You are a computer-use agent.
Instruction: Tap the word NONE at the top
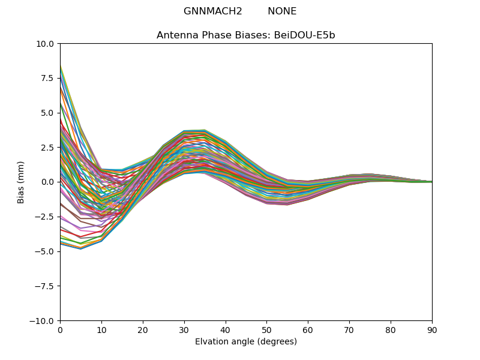click(x=282, y=11)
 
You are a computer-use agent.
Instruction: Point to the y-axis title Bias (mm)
click(x=21, y=182)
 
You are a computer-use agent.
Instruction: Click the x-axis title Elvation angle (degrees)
click(x=246, y=342)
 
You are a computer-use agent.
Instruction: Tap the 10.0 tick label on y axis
click(x=44, y=44)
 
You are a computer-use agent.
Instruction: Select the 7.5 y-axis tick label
click(x=47, y=79)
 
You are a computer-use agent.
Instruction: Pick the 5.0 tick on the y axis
click(x=47, y=113)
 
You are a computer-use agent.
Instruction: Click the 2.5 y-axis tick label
click(x=47, y=148)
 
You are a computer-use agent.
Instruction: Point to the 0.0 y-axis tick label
click(x=47, y=182)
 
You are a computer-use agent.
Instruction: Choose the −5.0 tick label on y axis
click(x=44, y=251)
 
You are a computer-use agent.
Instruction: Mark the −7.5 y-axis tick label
click(x=44, y=286)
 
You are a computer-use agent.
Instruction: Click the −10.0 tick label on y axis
click(x=41, y=321)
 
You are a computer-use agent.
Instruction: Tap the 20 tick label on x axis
click(x=143, y=330)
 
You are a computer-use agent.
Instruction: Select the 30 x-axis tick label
click(x=184, y=330)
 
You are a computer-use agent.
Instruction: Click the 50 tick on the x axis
click(x=266, y=330)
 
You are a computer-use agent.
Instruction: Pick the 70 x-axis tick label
click(x=349, y=330)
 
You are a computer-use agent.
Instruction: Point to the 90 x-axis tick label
click(x=432, y=330)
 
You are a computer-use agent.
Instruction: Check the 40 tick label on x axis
click(x=226, y=330)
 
